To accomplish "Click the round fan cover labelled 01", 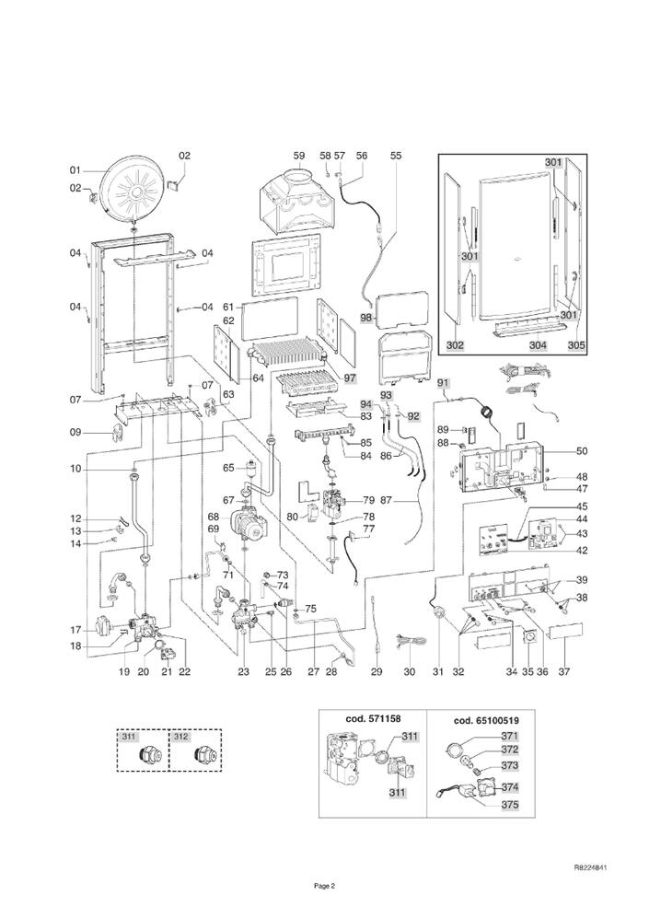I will pyautogui.click(x=136, y=188).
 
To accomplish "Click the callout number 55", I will pyautogui.click(x=396, y=157).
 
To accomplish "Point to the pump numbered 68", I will pyautogui.click(x=246, y=521).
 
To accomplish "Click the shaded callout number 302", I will pyautogui.click(x=455, y=345).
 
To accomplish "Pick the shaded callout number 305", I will pyautogui.click(x=575, y=345).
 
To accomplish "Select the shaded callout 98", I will pyautogui.click(x=366, y=318).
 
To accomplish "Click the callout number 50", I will pyautogui.click(x=581, y=450).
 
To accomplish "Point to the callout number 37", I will pyautogui.click(x=563, y=672).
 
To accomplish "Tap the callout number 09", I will pyautogui.click(x=76, y=433).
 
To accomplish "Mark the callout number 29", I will pyautogui.click(x=376, y=672).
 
